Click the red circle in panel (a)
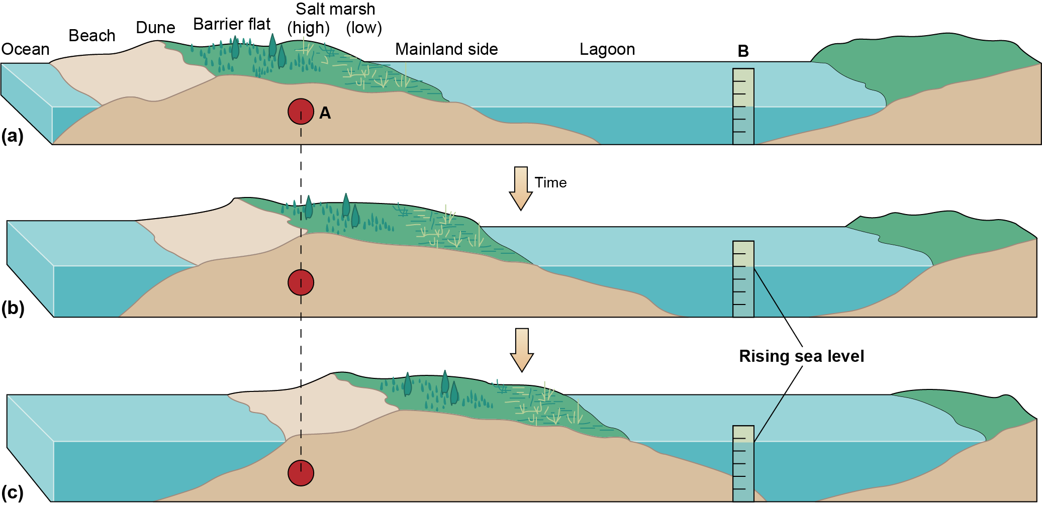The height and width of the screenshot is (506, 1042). [301, 112]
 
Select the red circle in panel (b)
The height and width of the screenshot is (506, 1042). [301, 282]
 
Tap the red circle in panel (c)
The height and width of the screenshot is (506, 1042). [301, 473]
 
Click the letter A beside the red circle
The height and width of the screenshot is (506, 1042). [325, 113]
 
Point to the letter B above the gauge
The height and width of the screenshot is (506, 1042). [743, 51]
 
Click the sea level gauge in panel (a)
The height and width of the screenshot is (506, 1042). [743, 107]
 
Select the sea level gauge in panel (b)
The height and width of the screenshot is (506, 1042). [743, 279]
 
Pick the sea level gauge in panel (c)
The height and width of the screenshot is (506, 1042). [743, 463]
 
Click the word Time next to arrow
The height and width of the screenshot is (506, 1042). [550, 182]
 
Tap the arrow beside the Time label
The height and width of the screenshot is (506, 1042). [521, 188]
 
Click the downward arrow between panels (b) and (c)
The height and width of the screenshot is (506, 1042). [522, 350]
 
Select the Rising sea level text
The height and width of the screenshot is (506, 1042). [801, 356]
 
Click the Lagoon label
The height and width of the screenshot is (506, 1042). [607, 49]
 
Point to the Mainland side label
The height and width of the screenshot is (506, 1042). [446, 49]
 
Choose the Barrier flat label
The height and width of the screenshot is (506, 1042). [232, 24]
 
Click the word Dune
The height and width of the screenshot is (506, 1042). [155, 28]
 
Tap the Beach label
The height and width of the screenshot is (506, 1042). [92, 36]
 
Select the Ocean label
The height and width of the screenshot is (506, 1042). [26, 49]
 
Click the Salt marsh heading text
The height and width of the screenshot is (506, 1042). [335, 9]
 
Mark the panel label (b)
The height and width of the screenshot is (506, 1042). [13, 308]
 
